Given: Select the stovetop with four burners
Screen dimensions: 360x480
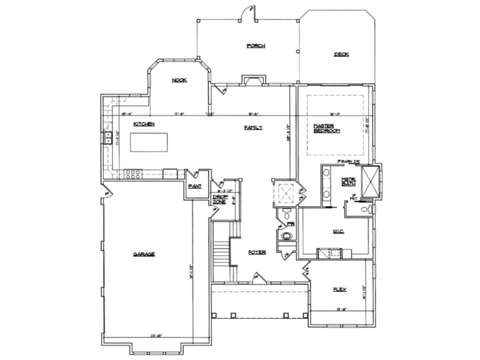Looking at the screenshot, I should (133, 174).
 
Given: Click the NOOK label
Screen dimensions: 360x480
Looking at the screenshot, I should (179, 80).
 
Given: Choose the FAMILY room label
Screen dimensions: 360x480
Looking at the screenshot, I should (253, 127).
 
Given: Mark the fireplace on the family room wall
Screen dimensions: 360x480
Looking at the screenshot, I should (253, 79).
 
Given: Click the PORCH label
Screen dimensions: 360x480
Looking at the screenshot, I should (256, 46).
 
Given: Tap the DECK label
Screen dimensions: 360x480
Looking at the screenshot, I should (341, 54).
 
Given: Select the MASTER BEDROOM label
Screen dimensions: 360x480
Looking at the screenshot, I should (326, 128).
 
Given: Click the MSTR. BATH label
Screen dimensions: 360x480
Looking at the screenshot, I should (348, 183).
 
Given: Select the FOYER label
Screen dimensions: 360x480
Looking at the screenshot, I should (257, 252).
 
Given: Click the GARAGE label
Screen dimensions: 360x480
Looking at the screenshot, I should (144, 254).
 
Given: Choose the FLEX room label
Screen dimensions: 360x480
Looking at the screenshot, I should (339, 289).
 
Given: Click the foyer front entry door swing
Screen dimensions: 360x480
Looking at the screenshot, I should (257, 276).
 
